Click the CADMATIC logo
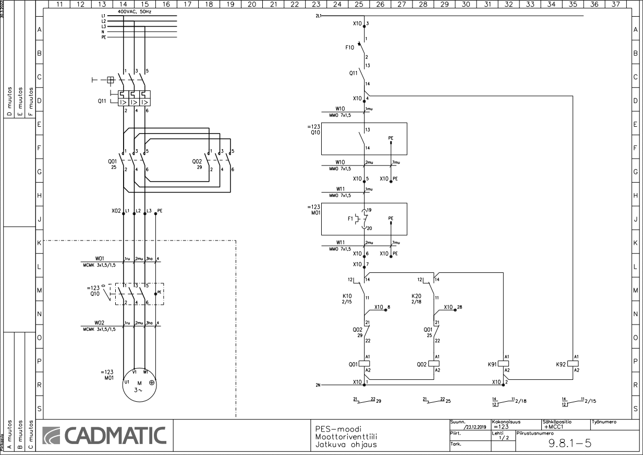click(x=104, y=436)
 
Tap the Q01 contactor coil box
click(x=365, y=363)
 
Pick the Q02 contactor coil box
click(x=434, y=363)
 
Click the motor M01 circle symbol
click(x=140, y=385)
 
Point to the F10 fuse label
click(x=349, y=47)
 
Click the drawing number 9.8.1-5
click(x=570, y=444)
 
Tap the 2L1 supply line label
click(x=319, y=16)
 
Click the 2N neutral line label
click(x=318, y=385)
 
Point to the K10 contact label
click(x=347, y=296)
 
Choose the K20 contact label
click(x=416, y=296)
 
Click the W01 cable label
click(x=100, y=257)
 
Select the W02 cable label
click(x=100, y=322)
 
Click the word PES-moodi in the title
click(x=338, y=429)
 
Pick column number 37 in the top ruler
click(x=616, y=4)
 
